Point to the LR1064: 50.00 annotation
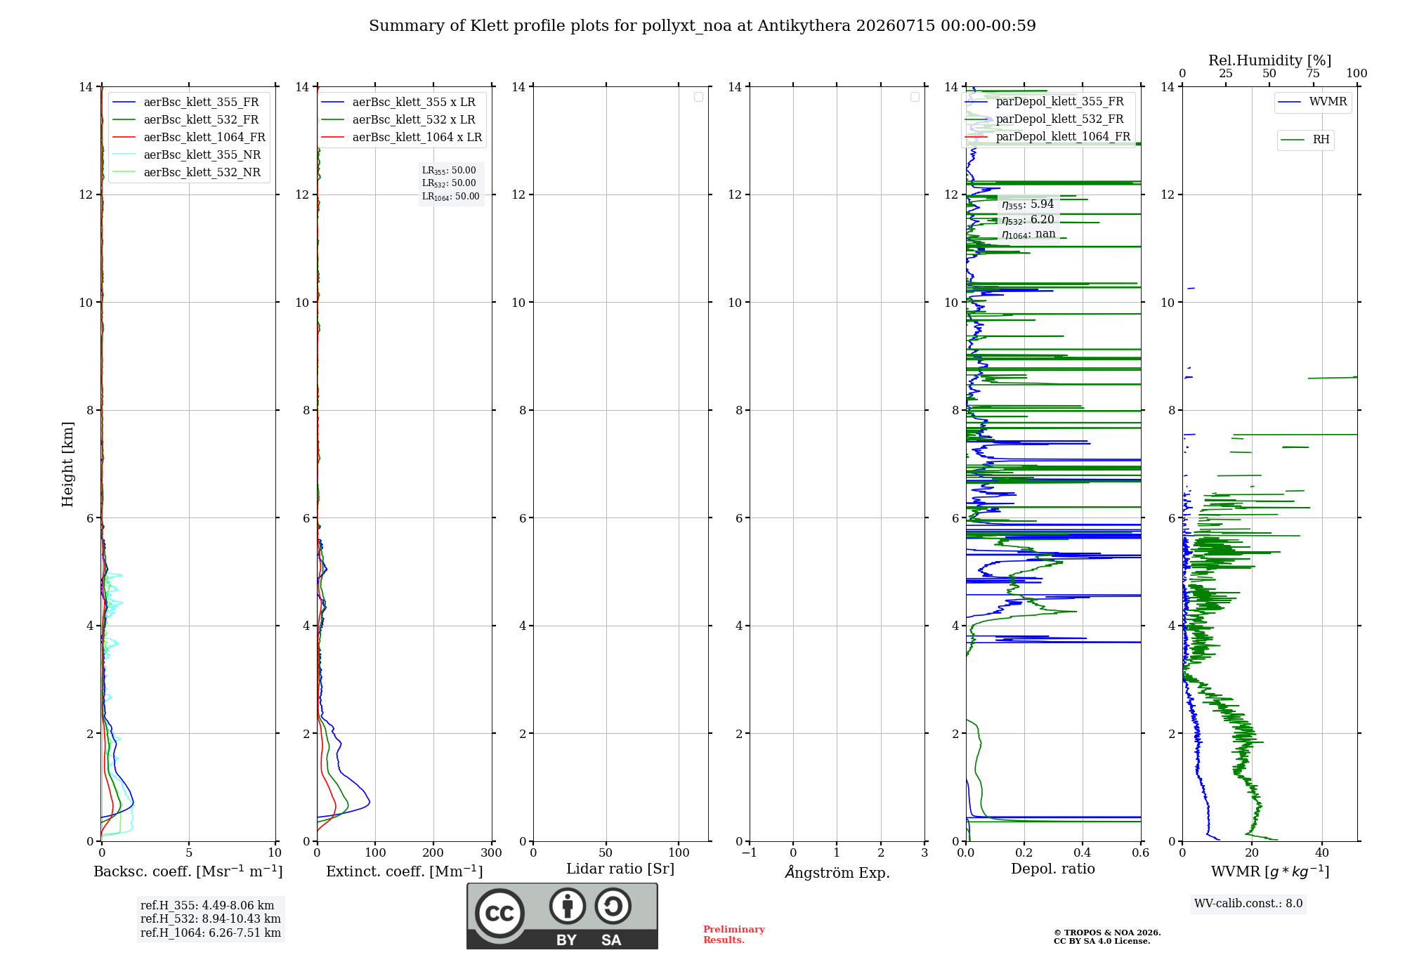450,197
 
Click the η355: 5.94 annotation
1028,204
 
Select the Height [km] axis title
67,464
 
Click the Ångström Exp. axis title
837,872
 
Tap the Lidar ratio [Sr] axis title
620,869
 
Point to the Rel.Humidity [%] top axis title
1270,60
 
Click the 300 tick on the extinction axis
492,852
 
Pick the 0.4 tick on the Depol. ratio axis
1083,852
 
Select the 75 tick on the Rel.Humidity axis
1313,74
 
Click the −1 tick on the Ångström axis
750,852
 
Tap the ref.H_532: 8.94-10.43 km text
211,918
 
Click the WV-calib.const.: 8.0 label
1248,904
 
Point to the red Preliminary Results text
734,935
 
